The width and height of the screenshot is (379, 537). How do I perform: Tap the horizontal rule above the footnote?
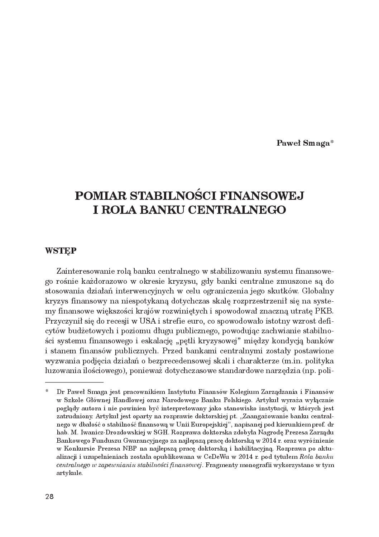point(74,382)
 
